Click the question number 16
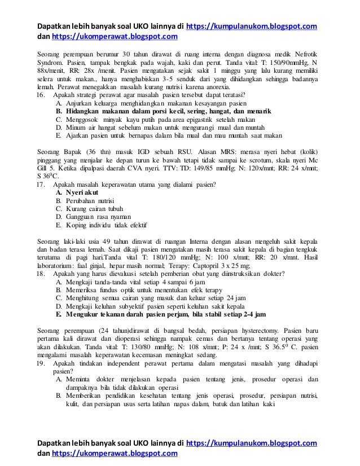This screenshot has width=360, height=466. (41, 96)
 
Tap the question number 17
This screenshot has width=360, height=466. (41, 184)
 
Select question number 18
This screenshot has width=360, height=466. (41, 274)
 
